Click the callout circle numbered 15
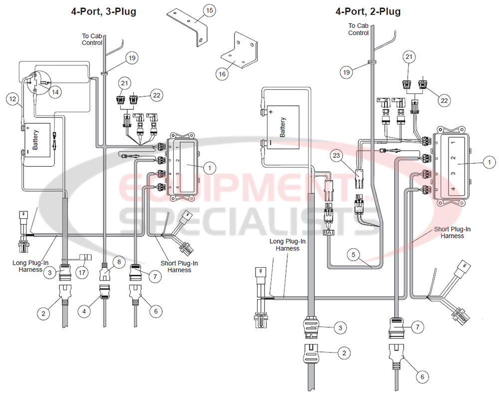coord(209,10)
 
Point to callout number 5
coord(354,254)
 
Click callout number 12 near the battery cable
coord(12,99)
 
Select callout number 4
coord(84,311)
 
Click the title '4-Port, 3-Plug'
coord(103,11)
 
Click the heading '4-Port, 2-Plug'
coord(368,11)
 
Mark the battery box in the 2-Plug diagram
coord(282,127)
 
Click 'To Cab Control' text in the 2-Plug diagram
coord(358,29)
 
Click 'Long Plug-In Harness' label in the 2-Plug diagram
coord(288,245)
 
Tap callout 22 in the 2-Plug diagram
coord(444,101)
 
